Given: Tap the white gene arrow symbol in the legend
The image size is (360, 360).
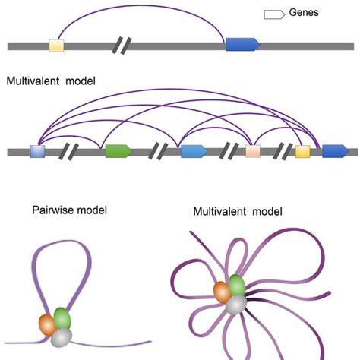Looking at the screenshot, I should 274,14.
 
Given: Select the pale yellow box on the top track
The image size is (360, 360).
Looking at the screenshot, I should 56,46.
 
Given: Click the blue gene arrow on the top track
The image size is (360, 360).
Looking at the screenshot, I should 242,46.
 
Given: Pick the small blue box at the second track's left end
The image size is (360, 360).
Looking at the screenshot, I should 38,151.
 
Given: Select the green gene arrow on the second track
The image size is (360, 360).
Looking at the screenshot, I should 118,151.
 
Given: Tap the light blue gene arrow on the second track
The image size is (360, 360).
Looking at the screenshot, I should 194,151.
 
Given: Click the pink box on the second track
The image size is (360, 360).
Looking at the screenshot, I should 253,151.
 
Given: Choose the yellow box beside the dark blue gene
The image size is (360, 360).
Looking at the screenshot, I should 302,151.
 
